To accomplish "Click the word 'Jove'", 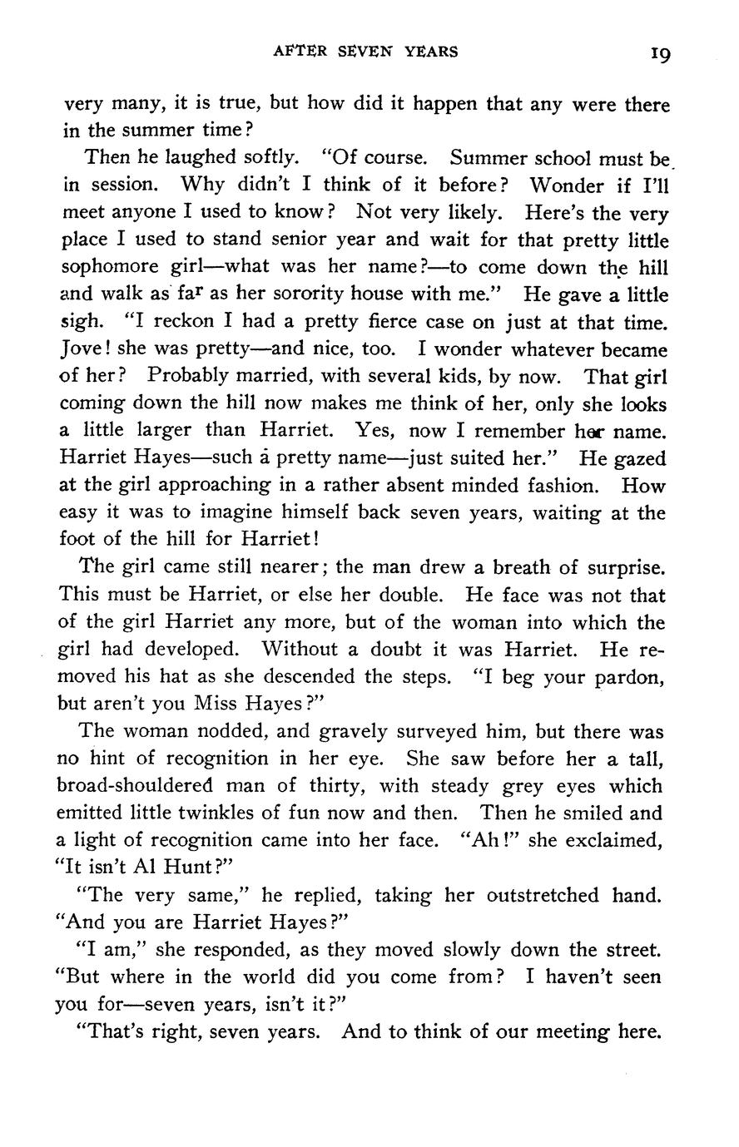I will [81, 349].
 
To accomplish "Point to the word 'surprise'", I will [624, 568].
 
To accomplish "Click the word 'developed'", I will [194, 649].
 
